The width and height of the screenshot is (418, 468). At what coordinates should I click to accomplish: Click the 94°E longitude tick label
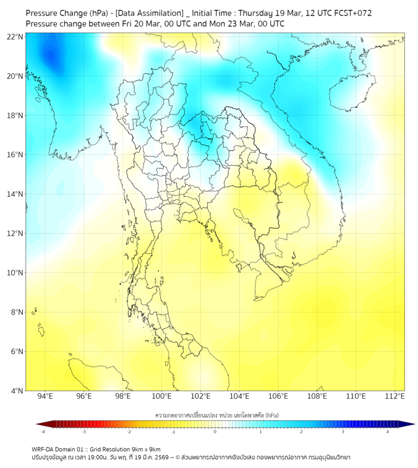pyautogui.click(x=45, y=396)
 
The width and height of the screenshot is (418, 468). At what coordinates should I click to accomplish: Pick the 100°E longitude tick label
pyautogui.click(x=161, y=396)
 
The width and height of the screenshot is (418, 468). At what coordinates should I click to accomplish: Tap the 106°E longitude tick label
pyautogui.click(x=278, y=396)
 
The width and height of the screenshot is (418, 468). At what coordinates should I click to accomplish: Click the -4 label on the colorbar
pyautogui.click(x=43, y=431)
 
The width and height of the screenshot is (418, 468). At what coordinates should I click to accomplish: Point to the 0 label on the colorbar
pyautogui.click(x=215, y=431)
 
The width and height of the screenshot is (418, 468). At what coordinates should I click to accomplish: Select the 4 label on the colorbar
pyautogui.click(x=388, y=431)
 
